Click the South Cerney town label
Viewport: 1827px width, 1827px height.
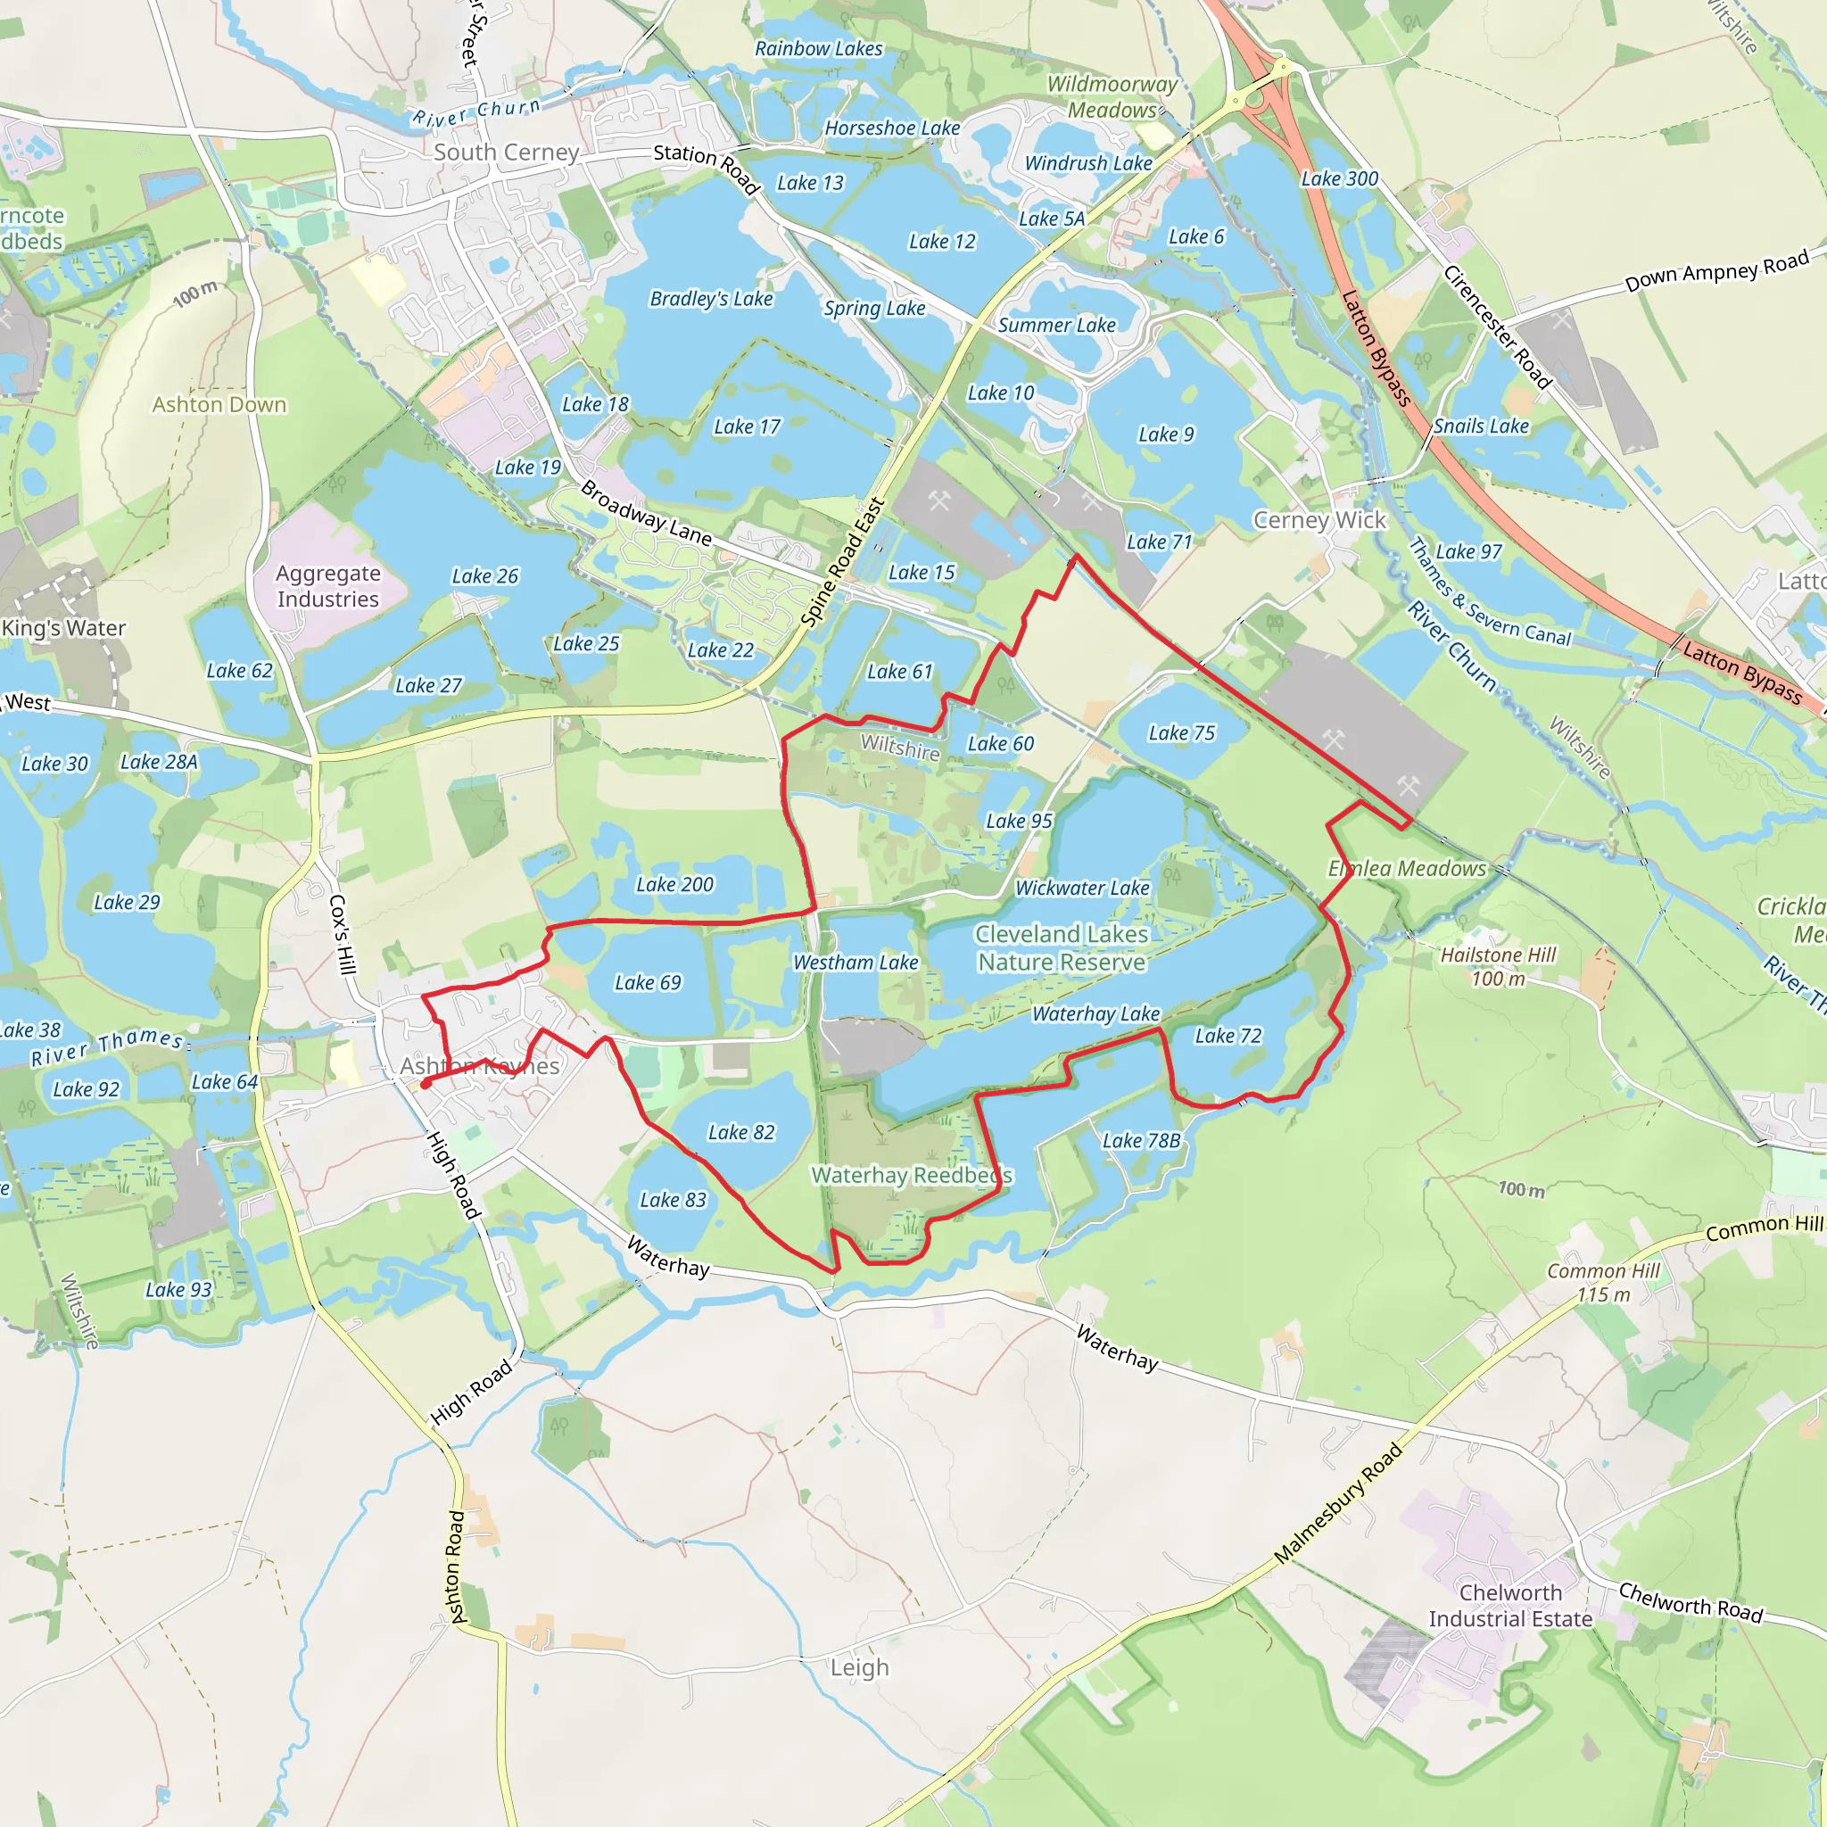506,153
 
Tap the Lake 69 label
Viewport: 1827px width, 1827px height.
648,982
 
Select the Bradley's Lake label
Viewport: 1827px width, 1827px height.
711,299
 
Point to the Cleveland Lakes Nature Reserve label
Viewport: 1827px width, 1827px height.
1062,947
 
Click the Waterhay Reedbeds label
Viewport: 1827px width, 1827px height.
912,1176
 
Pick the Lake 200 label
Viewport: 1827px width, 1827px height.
674,884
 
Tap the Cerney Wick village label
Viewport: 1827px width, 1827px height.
1319,520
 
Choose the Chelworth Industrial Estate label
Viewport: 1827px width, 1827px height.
1510,1606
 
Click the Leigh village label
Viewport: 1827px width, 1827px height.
860,1667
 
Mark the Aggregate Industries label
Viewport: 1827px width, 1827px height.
328,586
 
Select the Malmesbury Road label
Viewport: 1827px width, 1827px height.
1337,1503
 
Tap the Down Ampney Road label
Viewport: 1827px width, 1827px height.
1716,270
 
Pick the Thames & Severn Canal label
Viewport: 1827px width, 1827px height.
1490,594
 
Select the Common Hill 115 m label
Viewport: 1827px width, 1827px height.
1603,1282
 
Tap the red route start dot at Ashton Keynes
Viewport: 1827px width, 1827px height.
426,1085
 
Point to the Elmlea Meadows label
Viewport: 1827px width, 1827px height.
1407,868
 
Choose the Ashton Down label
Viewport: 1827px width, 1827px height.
219,405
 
